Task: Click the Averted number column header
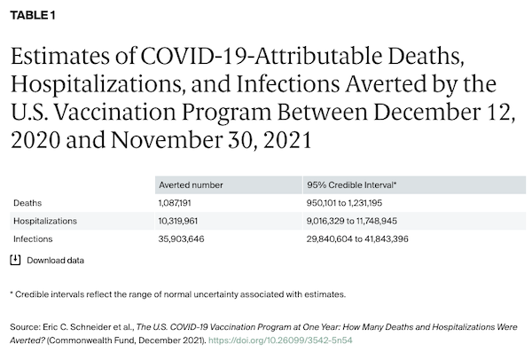(191, 184)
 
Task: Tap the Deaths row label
(27, 202)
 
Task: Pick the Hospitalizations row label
(45, 220)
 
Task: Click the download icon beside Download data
(15, 260)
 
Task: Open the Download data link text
(56, 261)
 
